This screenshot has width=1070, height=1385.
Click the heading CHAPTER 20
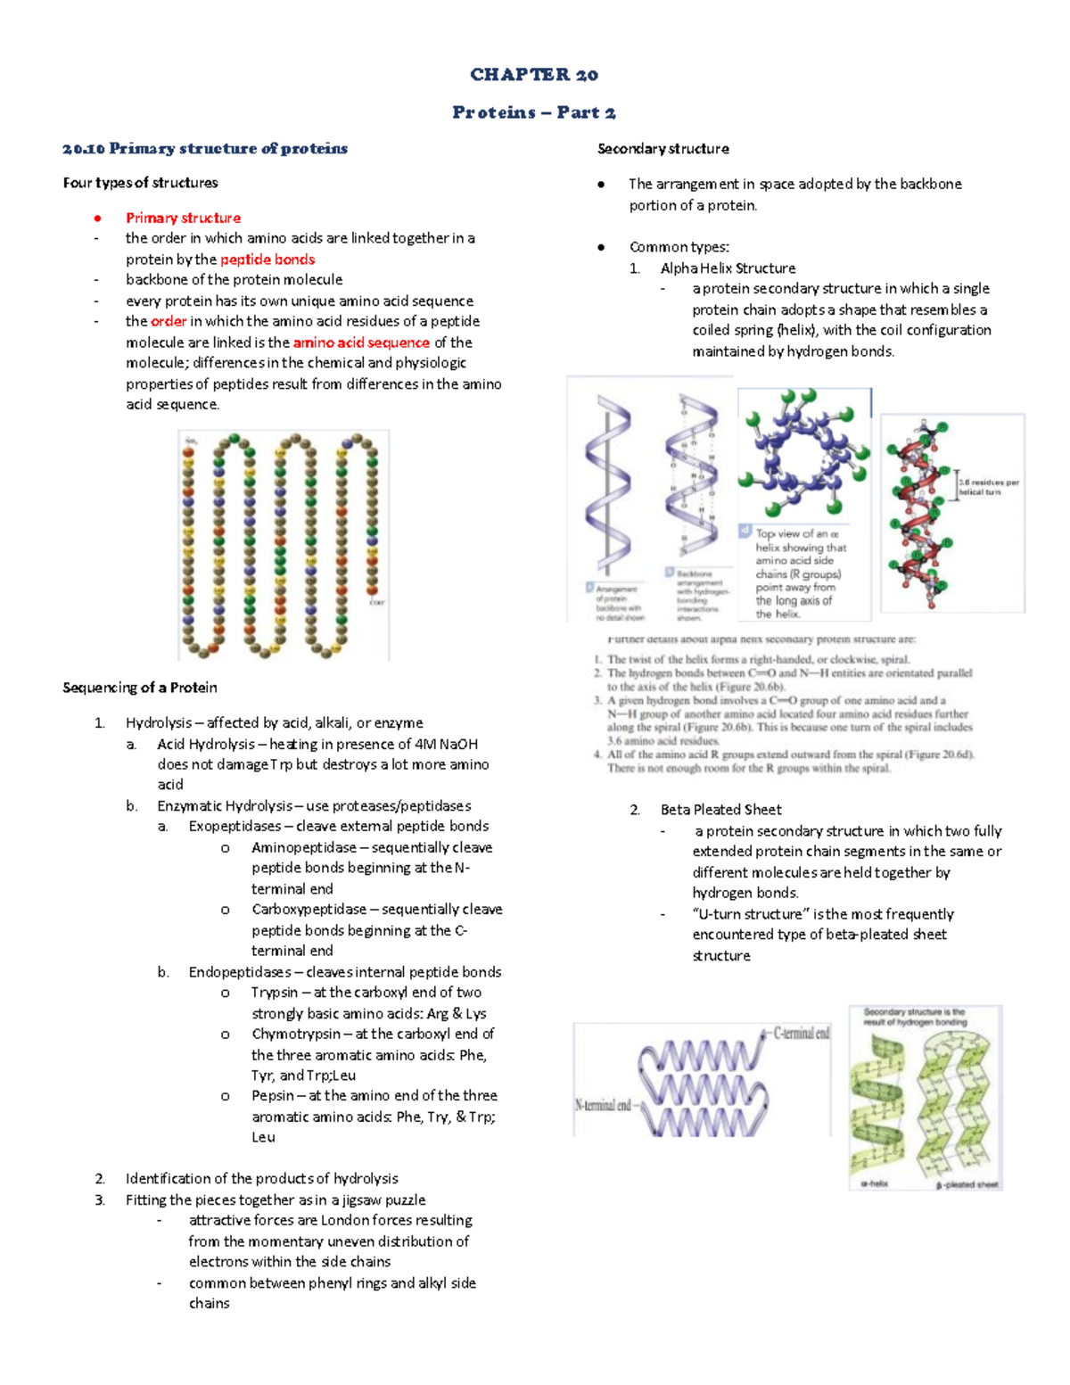pyautogui.click(x=534, y=75)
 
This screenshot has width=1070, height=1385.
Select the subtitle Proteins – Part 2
pyautogui.click(x=534, y=112)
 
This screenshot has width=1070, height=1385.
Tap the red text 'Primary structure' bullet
pyautogui.click(x=183, y=218)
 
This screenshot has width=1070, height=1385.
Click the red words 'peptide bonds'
pyautogui.click(x=267, y=260)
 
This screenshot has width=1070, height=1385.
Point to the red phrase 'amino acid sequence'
pyautogui.click(x=361, y=342)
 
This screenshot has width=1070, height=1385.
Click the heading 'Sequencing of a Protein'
pyautogui.click(x=140, y=688)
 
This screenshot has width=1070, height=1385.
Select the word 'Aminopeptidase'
pyautogui.click(x=303, y=847)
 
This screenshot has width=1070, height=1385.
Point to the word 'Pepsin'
pyautogui.click(x=273, y=1096)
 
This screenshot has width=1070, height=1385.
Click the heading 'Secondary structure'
pyautogui.click(x=663, y=149)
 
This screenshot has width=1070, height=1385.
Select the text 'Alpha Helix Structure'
pyautogui.click(x=728, y=268)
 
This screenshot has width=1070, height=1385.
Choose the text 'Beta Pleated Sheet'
pyautogui.click(x=720, y=810)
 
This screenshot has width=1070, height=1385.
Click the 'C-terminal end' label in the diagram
pyautogui.click(x=801, y=1034)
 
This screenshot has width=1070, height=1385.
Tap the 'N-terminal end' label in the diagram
pyautogui.click(x=603, y=1106)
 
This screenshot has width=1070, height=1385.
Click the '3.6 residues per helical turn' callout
pyautogui.click(x=988, y=487)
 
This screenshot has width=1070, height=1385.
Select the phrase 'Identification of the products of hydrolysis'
pyautogui.click(x=261, y=1179)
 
